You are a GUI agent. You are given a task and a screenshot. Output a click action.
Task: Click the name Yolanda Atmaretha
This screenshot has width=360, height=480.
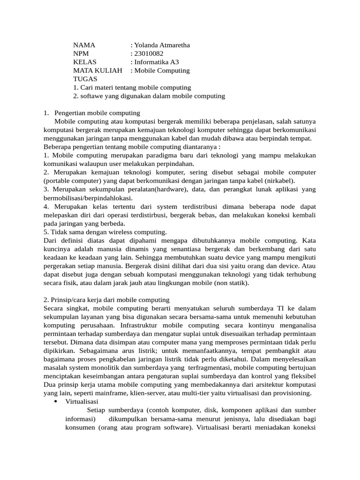(x=162, y=45)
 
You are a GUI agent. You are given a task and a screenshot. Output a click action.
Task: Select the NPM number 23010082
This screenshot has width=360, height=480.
(x=149, y=54)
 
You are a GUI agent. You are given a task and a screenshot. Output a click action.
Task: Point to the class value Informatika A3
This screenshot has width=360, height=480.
(x=156, y=62)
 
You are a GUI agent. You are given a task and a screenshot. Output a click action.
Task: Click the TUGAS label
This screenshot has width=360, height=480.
(x=85, y=79)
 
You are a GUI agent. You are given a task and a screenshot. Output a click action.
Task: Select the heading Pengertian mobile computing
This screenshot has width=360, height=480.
(x=97, y=113)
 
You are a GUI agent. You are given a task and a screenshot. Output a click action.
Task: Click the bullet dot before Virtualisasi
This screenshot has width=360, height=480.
(x=56, y=402)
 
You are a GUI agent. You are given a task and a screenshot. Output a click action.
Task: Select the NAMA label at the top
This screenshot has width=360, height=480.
(x=84, y=45)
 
